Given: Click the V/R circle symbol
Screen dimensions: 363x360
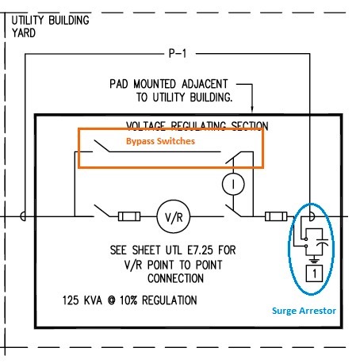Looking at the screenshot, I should point(169,216).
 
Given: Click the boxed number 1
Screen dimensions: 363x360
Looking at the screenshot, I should point(313,274).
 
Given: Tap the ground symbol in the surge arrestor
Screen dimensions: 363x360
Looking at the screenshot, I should point(314,257).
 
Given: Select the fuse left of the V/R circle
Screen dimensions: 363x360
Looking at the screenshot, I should point(129,216).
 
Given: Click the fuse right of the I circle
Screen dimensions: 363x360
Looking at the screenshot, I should point(276,216).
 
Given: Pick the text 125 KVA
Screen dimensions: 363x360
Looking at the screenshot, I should point(86,301).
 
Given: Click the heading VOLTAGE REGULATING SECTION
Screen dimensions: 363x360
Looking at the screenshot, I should point(197,125).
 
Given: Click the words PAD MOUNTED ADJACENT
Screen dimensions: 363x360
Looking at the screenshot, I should point(168,83).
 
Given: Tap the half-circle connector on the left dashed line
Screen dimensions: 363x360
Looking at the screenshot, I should point(26,216).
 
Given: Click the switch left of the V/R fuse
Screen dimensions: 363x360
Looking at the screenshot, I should point(101,212).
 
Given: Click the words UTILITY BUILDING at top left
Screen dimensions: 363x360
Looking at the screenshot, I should point(50,19).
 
